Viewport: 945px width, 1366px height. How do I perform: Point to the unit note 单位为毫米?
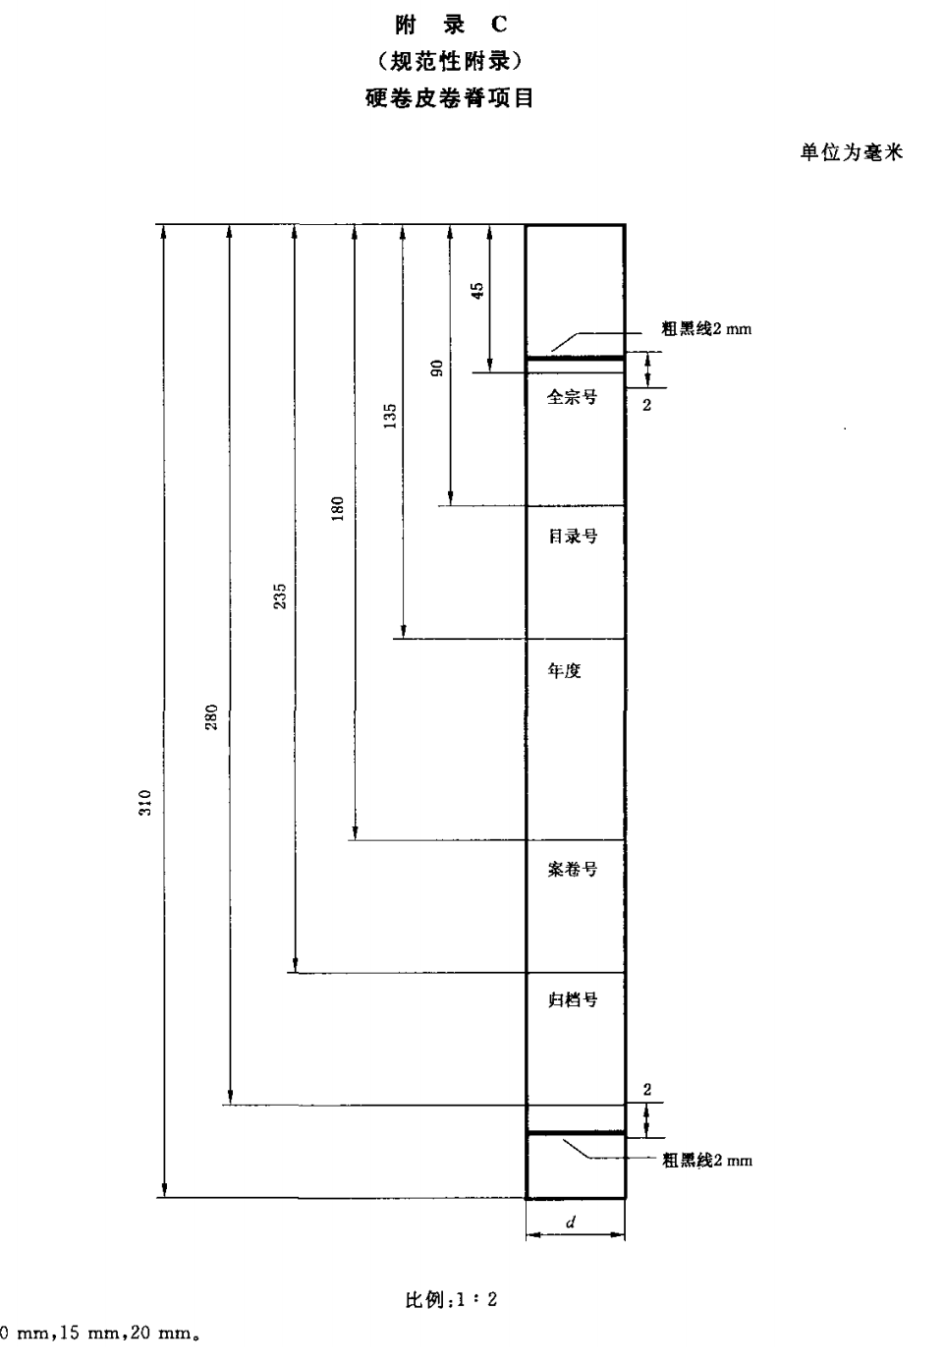(x=851, y=152)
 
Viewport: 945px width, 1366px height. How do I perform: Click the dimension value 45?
(x=477, y=291)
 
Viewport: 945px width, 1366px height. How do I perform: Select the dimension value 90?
(x=437, y=368)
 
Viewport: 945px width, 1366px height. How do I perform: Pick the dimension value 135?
(x=390, y=416)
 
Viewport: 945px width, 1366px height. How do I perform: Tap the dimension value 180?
(x=338, y=508)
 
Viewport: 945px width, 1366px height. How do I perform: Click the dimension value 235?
(x=280, y=596)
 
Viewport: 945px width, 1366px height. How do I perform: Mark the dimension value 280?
(x=211, y=717)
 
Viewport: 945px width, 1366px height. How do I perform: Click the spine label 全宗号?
(x=572, y=398)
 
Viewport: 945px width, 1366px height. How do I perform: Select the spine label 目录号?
(x=573, y=537)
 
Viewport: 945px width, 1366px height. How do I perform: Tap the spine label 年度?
(x=565, y=670)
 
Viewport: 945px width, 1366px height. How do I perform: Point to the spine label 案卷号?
(x=573, y=870)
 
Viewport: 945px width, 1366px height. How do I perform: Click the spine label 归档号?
(x=573, y=1000)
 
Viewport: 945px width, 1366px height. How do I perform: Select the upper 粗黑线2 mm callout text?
(x=706, y=330)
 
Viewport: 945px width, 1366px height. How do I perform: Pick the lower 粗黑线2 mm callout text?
(x=707, y=1161)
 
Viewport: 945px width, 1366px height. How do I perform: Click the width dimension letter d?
(x=571, y=1223)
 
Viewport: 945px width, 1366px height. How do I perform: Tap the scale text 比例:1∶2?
(x=452, y=1300)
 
